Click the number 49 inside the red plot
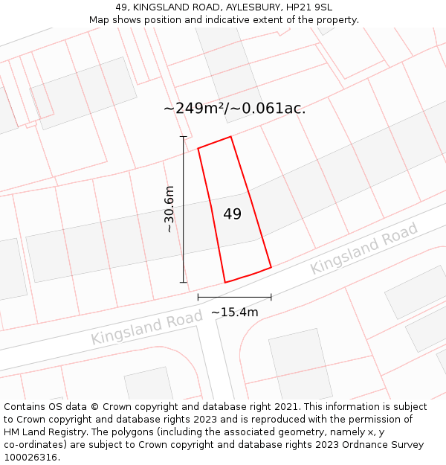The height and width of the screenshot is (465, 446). [x=232, y=214]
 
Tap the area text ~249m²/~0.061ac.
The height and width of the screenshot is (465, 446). [x=234, y=109]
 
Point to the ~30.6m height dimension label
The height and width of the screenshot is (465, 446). [x=170, y=209]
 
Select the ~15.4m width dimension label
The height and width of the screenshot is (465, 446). [x=235, y=312]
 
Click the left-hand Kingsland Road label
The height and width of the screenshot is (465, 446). [x=146, y=327]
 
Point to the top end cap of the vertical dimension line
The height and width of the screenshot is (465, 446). [x=184, y=137]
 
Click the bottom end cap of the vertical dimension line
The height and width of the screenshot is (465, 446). [x=184, y=283]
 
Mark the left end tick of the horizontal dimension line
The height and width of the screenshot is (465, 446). [x=198, y=297]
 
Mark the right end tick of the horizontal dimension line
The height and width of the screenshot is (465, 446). [x=271, y=297]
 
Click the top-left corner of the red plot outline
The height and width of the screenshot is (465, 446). [x=198, y=148]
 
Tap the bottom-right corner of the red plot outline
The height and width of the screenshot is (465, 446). [x=271, y=266]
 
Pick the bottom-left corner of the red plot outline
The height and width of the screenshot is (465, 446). [x=225, y=283]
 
